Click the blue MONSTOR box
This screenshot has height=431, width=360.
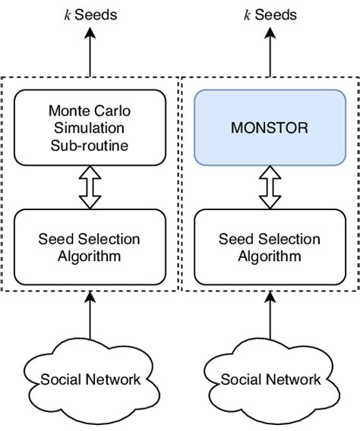270,127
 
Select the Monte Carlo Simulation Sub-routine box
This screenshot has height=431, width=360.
90,127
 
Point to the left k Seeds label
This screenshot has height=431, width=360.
90,14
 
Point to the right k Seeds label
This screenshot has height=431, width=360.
270,14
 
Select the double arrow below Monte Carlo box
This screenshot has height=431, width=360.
90,187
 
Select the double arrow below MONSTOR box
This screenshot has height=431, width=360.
270,187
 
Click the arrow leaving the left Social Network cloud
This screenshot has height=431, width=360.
90,319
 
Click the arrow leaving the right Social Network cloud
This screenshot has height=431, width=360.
270,319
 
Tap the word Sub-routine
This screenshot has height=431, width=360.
90,144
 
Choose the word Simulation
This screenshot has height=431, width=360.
90,127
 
